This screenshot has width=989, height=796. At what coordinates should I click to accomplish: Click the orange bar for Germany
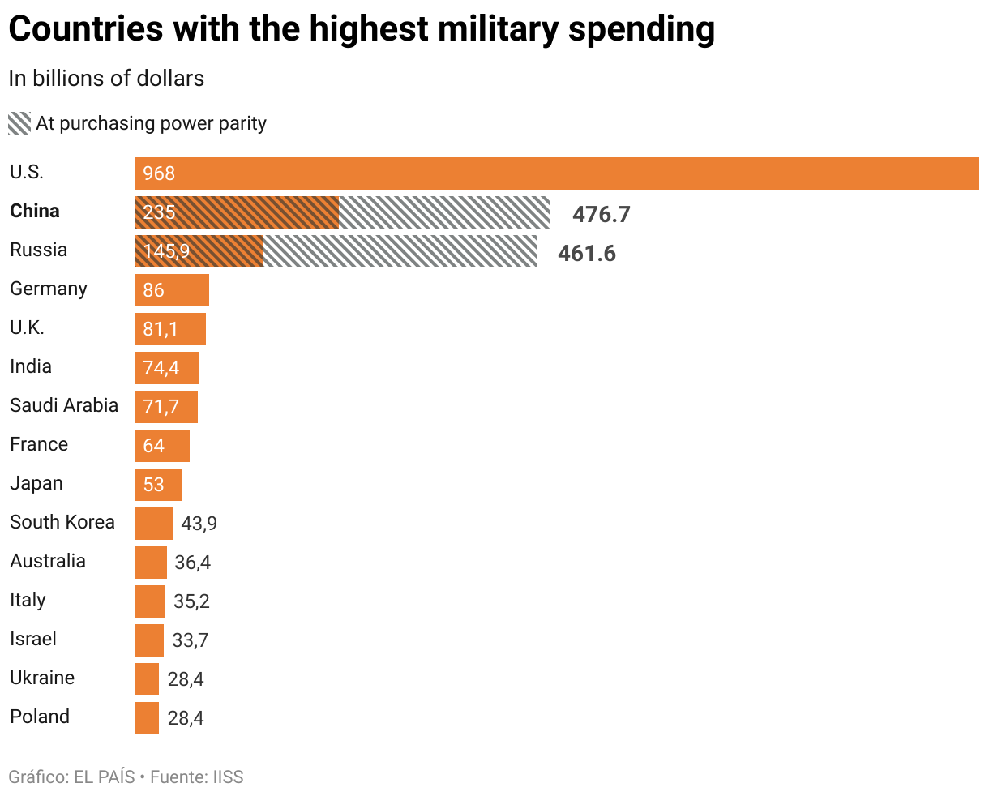click(x=172, y=290)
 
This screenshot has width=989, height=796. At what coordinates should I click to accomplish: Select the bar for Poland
click(x=147, y=718)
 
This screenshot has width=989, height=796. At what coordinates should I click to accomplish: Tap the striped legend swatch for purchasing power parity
click(x=19, y=123)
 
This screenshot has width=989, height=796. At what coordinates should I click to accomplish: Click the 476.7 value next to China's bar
click(x=601, y=214)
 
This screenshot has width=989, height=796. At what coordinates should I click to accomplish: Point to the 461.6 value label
click(x=586, y=253)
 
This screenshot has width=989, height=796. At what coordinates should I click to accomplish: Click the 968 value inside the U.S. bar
click(x=159, y=173)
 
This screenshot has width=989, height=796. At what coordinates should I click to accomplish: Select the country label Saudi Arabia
click(x=64, y=405)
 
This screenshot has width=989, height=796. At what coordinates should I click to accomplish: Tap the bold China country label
click(x=35, y=211)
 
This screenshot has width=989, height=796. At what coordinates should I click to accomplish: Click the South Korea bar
click(x=154, y=524)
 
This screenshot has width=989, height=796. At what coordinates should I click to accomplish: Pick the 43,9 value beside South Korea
click(x=199, y=524)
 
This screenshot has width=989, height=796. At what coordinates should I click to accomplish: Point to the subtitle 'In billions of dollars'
click(x=106, y=79)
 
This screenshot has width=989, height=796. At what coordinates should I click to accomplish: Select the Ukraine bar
click(x=147, y=679)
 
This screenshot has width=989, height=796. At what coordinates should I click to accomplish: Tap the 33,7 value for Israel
click(x=190, y=640)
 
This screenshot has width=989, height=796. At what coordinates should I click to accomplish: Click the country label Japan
click(x=36, y=483)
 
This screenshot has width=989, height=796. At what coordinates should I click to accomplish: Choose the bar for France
click(x=162, y=446)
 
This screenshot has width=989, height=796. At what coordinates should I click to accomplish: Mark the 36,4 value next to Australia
click(x=192, y=563)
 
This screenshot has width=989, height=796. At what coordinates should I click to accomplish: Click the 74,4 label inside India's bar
click(x=161, y=368)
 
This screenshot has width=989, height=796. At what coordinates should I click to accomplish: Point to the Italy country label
click(x=28, y=600)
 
